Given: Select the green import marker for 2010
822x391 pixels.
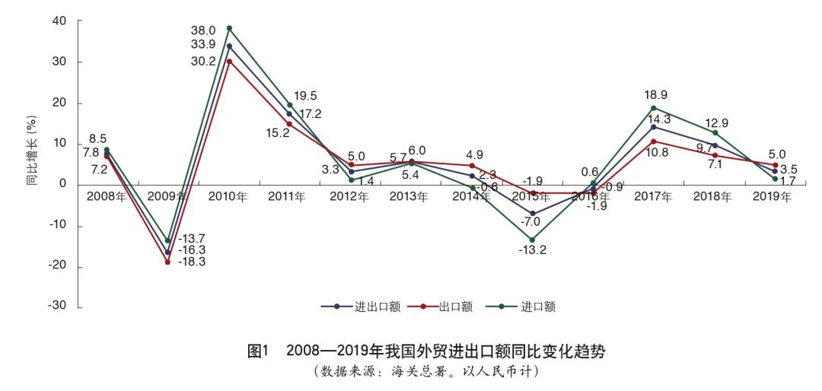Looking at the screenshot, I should pos(229,29).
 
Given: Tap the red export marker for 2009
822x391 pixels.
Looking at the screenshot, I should pos(167,262).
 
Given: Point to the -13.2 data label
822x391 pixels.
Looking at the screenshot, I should pos(532,250).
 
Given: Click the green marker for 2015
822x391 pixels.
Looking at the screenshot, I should pos(532,240).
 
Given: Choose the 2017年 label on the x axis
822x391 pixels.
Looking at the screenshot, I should pos(653,197).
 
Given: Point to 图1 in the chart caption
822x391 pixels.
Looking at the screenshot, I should pos(260,351).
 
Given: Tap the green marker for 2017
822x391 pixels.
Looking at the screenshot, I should pos(653,108).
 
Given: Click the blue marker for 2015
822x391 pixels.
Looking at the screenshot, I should pos(532,214).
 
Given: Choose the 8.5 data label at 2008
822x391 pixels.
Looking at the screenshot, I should pos(97,139).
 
